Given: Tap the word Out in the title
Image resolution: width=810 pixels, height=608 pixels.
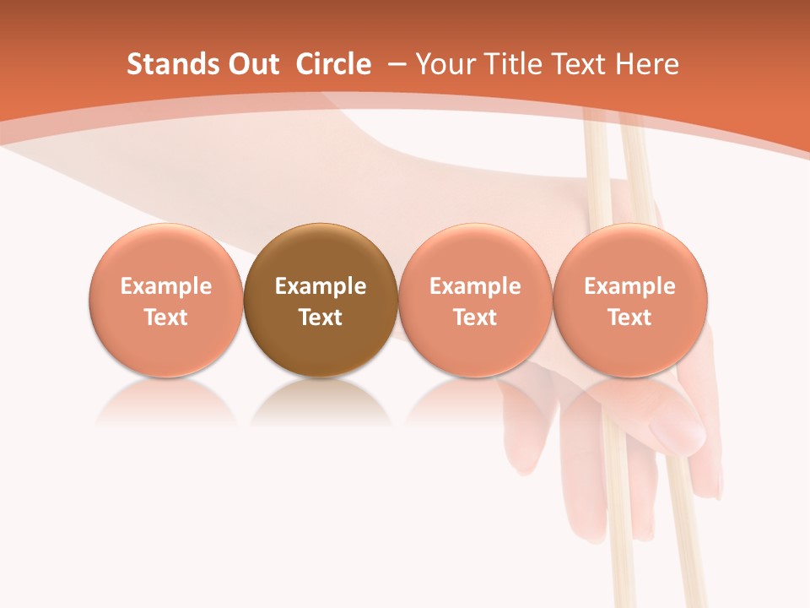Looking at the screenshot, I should pyautogui.click(x=251, y=64).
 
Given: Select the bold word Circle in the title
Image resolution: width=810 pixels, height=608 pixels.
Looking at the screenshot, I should pyautogui.click(x=333, y=64).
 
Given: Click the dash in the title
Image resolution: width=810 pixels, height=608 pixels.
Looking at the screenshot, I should pyautogui.click(x=396, y=64).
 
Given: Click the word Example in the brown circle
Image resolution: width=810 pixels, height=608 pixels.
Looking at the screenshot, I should pyautogui.click(x=321, y=286).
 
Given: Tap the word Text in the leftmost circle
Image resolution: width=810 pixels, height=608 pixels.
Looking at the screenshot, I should pyautogui.click(x=165, y=318).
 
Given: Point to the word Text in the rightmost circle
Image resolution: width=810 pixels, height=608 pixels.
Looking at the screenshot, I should pyautogui.click(x=629, y=318).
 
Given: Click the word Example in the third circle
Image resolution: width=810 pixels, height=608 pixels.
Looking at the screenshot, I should pyautogui.click(x=475, y=286).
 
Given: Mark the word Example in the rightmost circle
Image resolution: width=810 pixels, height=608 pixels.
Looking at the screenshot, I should pyautogui.click(x=629, y=286).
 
